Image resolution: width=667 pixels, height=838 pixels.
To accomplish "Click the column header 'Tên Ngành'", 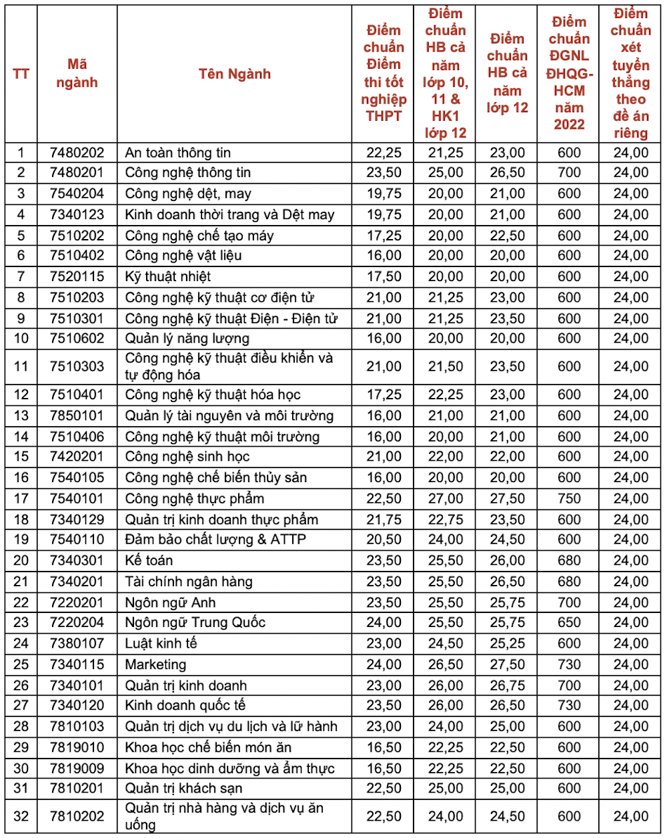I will pos(234,74).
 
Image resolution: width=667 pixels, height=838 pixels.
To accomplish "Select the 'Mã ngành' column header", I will pos(77,73).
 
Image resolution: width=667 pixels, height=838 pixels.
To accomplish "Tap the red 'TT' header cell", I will pos(21,73).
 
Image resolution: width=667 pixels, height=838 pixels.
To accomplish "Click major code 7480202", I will pos(77,152).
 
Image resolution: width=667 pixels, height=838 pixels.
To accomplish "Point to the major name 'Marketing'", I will pos(155,664).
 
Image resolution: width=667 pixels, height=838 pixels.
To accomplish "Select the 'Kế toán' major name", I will pos(149,560).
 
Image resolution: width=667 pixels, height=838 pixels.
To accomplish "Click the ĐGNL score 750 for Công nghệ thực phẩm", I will pos(569,499).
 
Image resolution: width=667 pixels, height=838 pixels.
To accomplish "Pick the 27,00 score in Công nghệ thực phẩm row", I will pos(446,499).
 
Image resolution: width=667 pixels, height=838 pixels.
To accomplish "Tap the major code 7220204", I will pos(77,622).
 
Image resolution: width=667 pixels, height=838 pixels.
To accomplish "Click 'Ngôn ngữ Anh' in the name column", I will pos(170,602).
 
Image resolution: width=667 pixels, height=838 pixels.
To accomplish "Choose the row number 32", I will pos(21,816).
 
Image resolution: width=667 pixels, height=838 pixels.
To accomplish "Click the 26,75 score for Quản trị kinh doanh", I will pos(507,686).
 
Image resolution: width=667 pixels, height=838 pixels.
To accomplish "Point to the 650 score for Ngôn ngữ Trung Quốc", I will pos(569,622).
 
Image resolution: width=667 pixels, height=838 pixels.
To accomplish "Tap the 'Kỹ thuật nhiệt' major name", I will pos(167,276).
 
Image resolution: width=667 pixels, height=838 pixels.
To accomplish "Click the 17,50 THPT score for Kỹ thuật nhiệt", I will pos(384,276).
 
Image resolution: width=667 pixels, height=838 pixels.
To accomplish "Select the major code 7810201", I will pos(77,789).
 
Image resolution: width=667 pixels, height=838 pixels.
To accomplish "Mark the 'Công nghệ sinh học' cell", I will pos(187,457).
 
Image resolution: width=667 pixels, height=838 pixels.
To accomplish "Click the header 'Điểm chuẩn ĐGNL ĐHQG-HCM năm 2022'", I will pos(569,73).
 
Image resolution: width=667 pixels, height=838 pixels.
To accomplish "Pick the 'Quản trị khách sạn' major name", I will pos(183,789).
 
